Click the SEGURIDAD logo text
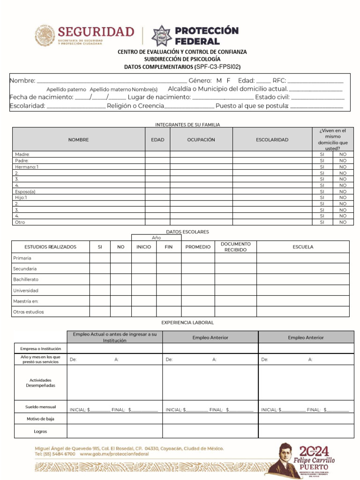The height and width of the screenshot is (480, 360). coord(96,32)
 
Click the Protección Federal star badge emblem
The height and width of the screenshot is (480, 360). coord(161,36)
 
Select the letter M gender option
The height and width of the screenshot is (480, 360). coord(219,81)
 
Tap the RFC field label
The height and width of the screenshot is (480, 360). coord(279,81)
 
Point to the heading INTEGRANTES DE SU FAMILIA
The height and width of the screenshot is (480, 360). coord(187,125)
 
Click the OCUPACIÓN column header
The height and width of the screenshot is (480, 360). coord(201,140)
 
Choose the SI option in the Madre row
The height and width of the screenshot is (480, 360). coord(322,154)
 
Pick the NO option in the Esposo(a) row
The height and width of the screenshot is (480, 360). coord(343,191)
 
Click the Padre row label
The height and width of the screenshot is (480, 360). coord(22,160)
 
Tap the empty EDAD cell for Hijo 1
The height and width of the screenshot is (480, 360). coord(157,197)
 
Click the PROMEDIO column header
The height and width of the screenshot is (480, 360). coord(198,247)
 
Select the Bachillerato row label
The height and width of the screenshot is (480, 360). coord(26,279)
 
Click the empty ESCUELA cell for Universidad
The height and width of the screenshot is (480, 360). coord(302,290)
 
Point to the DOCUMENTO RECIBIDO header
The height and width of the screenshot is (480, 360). coord(235,247)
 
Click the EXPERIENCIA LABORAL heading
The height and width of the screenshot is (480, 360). coord(187,323)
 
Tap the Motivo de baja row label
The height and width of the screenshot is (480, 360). coord(40,419)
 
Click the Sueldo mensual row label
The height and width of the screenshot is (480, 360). coord(41,407)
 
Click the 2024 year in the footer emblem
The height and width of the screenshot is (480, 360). coord(315,451)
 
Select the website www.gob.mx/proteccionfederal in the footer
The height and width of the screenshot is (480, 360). coord(114,454)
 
